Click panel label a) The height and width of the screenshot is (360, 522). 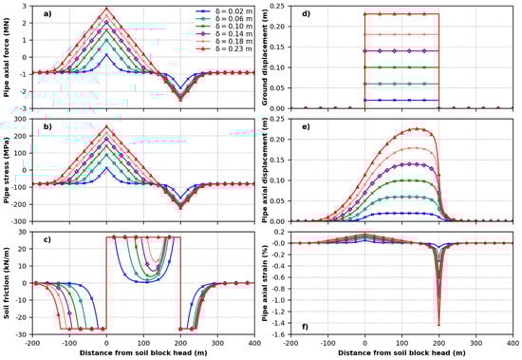(43, 12)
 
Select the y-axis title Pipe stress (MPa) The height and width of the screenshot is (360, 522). (9, 168)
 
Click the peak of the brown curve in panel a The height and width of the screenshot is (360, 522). (106, 9)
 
